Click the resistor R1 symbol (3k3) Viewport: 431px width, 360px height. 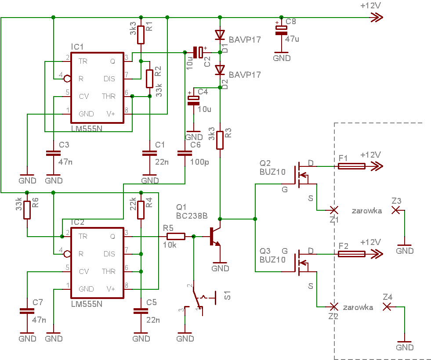141,35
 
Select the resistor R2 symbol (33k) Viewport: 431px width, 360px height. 149,79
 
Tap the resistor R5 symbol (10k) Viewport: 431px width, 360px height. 176,236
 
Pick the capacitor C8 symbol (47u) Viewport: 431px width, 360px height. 281,30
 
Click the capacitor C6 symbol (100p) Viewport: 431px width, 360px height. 185,153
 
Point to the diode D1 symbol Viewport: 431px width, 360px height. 220,35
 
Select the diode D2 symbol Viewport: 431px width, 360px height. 220,70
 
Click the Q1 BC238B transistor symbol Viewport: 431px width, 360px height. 214,236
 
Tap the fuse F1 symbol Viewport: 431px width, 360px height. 351,166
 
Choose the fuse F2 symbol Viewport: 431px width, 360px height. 351,254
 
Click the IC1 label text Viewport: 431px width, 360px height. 77,47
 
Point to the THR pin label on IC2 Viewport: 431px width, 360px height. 109,272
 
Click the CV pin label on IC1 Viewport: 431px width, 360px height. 84,97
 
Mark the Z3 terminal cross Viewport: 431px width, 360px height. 395,210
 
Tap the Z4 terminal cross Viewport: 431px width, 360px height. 387,307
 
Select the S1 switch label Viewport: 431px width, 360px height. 227,295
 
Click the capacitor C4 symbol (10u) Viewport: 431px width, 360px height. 193,100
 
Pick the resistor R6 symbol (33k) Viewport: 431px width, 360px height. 27,210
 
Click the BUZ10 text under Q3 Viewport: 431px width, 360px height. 272,259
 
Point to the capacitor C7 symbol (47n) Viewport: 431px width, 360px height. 27,311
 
